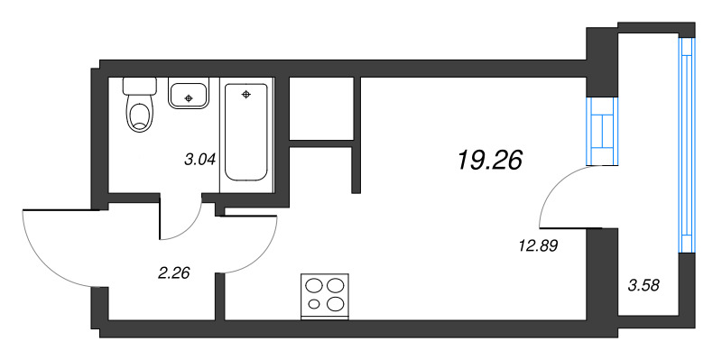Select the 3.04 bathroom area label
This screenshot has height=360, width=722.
[199, 161]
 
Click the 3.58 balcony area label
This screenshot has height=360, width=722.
[643, 287]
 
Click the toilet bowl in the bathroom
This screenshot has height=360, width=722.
[139, 115]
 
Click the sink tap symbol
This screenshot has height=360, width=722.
[189, 95]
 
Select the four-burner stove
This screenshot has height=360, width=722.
[325, 294]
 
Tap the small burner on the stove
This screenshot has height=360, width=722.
[314, 304]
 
